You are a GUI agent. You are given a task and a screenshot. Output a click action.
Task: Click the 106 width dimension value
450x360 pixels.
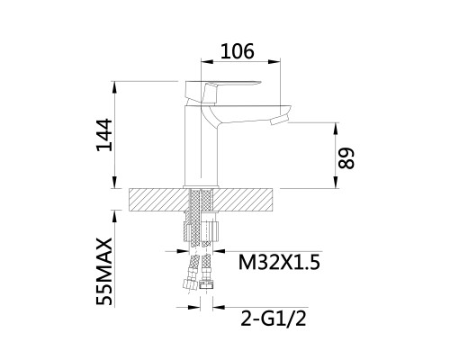pyautogui.click(x=238, y=51)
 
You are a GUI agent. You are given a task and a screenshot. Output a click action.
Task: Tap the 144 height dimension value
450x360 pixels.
pyautogui.click(x=104, y=135)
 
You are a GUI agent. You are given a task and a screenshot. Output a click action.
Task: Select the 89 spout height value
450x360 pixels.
pyautogui.click(x=346, y=158)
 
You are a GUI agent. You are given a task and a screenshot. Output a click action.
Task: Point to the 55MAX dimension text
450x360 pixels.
pyautogui.click(x=104, y=272)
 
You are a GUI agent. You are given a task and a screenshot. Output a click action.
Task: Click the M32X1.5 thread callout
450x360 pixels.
pyautogui.click(x=279, y=263)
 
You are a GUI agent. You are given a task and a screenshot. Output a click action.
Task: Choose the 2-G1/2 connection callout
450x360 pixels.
pyautogui.click(x=274, y=319)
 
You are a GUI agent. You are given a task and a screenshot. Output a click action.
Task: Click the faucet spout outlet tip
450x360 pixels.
pyautogui.click(x=279, y=121)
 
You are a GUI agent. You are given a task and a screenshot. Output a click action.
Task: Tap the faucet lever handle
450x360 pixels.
pyautogui.click(x=222, y=90)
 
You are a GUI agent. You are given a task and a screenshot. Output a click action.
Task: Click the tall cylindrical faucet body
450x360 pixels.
pyautogui.click(x=200, y=147)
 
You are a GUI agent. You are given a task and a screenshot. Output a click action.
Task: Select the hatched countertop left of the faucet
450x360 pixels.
pyautogui.click(x=158, y=200)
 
